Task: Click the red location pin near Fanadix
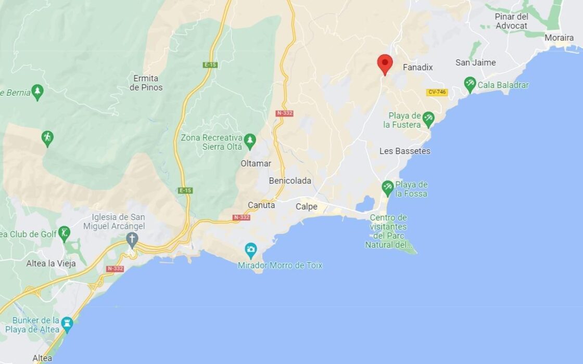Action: point(385,63)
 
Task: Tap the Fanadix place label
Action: point(417,68)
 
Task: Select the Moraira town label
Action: point(559,37)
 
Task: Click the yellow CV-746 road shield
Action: point(437,92)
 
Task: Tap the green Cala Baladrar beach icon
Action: point(470,84)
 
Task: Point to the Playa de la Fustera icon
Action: point(428,119)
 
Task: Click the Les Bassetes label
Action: point(405,151)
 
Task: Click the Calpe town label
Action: point(306,206)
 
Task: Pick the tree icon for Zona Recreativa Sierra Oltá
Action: point(250,139)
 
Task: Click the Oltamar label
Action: point(256,163)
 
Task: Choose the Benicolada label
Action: point(290,181)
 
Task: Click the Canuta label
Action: point(261,205)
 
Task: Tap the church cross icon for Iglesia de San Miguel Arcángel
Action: point(132,239)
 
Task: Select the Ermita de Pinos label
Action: point(146,83)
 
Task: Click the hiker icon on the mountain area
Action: point(47,138)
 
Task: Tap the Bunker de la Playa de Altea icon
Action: point(67,323)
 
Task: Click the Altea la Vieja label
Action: point(51,263)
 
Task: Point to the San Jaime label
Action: point(475,62)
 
